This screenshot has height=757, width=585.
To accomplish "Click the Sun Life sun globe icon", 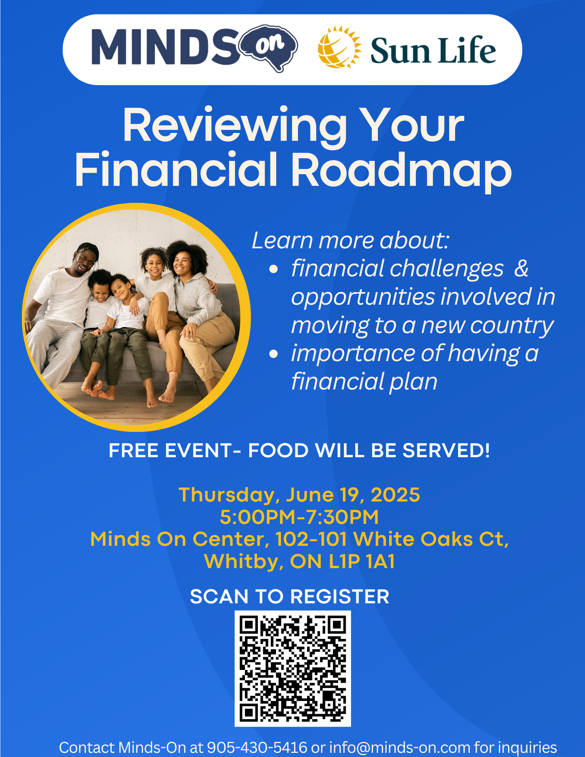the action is pyautogui.click(x=339, y=48).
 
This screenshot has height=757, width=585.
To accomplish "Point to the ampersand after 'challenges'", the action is pyautogui.click(x=521, y=268).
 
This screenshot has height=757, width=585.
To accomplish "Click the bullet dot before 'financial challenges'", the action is pyautogui.click(x=273, y=269).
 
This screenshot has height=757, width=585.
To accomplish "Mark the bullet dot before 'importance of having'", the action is pyautogui.click(x=273, y=354).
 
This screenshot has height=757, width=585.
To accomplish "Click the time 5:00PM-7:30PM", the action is pyautogui.click(x=299, y=517).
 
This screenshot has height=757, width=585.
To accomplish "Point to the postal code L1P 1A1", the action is pyautogui.click(x=362, y=561).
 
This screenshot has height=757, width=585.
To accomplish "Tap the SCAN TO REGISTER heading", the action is pyautogui.click(x=290, y=597).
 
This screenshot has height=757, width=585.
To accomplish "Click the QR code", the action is pyautogui.click(x=293, y=668).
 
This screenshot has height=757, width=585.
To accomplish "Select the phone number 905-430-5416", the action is pyautogui.click(x=257, y=748).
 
